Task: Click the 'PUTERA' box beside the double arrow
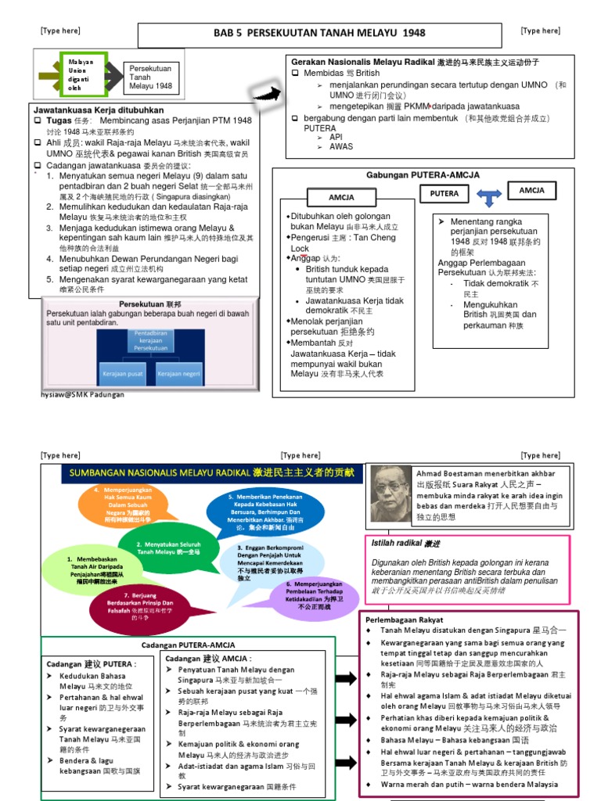(444, 192)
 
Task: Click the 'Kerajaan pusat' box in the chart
(124, 373)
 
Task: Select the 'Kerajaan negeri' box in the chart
(178, 373)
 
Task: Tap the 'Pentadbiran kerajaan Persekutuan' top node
(151, 340)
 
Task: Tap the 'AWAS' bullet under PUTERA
(341, 146)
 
